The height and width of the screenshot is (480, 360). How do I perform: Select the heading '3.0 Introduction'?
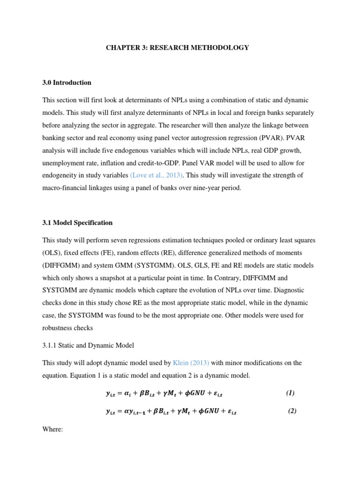click(67, 82)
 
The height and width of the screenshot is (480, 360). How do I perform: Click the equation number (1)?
click(290, 393)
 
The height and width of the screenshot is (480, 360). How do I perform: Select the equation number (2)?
click(292, 411)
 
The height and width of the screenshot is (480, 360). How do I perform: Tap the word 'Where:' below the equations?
click(52, 429)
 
